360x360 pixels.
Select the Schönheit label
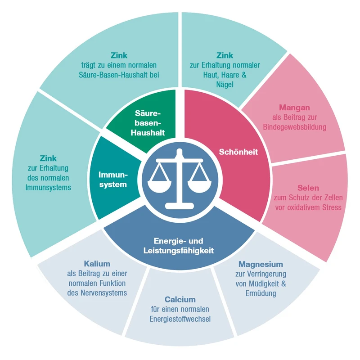coord(238,152)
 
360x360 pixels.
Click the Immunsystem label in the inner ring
coord(113,179)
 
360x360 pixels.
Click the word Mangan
coord(294,108)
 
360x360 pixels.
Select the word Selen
coord(308,188)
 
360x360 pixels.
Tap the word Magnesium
coord(261,264)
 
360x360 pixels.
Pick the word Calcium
coord(180,299)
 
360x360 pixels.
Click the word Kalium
coord(97,264)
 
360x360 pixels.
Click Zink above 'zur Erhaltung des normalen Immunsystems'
coord(48,158)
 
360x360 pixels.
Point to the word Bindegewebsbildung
coord(294,127)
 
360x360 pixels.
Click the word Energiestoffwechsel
coord(180,319)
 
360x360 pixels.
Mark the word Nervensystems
coord(97,293)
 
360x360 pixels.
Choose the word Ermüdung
coord(261,293)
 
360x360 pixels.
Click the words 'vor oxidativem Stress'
coord(308,207)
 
